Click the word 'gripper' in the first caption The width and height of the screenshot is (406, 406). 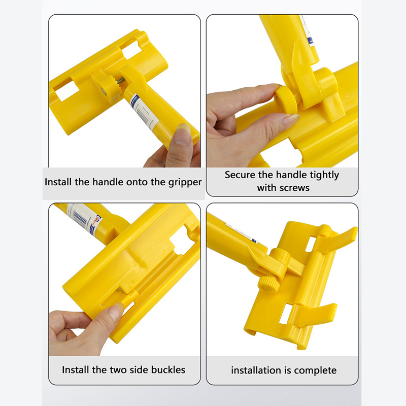[x=185, y=183]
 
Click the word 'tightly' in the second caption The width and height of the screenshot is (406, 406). [x=324, y=175]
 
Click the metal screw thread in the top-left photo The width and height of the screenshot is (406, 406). [x=120, y=81]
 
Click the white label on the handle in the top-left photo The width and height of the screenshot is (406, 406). [x=144, y=113]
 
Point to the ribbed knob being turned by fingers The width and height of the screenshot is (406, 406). [x=286, y=100]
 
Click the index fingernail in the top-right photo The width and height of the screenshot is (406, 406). [x=291, y=120]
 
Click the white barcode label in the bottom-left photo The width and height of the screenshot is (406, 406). [x=83, y=217]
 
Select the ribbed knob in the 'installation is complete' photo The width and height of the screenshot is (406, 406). [x=269, y=284]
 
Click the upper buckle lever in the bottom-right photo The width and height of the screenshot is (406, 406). [x=335, y=239]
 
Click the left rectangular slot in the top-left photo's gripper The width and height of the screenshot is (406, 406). [x=66, y=91]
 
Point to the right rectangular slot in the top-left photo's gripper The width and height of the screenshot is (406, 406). [x=132, y=50]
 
